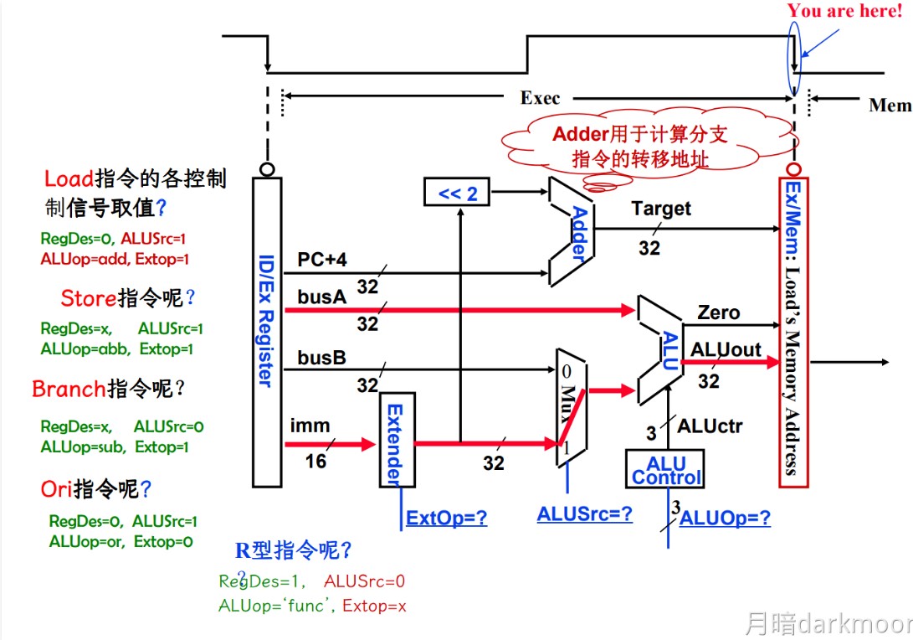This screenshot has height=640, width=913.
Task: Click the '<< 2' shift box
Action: [457, 194]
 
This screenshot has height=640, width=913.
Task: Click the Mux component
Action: [570, 408]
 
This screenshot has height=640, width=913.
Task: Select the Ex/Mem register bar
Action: [792, 332]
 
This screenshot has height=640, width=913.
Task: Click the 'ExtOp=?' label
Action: [446, 518]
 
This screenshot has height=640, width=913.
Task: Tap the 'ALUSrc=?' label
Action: [585, 514]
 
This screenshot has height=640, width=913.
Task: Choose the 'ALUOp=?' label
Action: [725, 518]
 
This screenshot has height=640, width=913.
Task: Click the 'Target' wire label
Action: [661, 209]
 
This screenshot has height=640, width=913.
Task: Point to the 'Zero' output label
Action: [718, 312]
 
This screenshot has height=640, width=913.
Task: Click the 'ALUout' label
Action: [726, 348]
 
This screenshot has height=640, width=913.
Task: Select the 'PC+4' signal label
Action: [322, 260]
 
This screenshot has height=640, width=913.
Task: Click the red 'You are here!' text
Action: [844, 12]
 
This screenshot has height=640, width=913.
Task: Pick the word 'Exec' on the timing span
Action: [540, 98]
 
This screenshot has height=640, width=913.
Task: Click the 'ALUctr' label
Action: [710, 426]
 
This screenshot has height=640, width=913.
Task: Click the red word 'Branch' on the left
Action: [69, 390]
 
